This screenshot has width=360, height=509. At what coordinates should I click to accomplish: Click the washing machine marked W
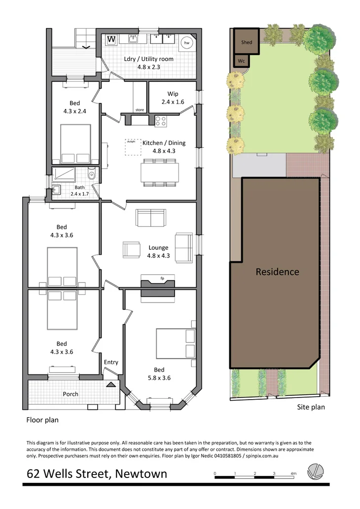[x=111, y=39]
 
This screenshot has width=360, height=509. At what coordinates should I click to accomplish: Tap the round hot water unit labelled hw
[x=187, y=43]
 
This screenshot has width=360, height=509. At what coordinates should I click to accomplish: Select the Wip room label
[x=173, y=94]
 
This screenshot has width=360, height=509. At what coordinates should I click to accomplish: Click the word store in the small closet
[x=140, y=110]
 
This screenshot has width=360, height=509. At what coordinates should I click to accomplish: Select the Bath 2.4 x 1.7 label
[x=79, y=191]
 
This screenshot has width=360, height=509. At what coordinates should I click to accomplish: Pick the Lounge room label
[x=158, y=247]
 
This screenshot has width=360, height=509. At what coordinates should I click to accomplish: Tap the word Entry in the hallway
[x=111, y=362]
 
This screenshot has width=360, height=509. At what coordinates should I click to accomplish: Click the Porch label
[x=71, y=394]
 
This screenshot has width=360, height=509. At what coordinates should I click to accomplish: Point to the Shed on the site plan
[x=247, y=42]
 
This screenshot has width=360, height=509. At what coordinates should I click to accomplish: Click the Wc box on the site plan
[x=241, y=61]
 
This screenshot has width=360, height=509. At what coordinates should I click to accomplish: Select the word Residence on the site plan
[x=277, y=271]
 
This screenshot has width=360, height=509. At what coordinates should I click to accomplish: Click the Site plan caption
[x=311, y=407]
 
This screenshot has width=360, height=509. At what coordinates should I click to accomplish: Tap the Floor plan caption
[x=42, y=420]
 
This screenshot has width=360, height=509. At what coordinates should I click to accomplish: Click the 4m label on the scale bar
[x=293, y=474]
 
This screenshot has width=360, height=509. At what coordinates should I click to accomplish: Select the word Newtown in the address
[x=143, y=474]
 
